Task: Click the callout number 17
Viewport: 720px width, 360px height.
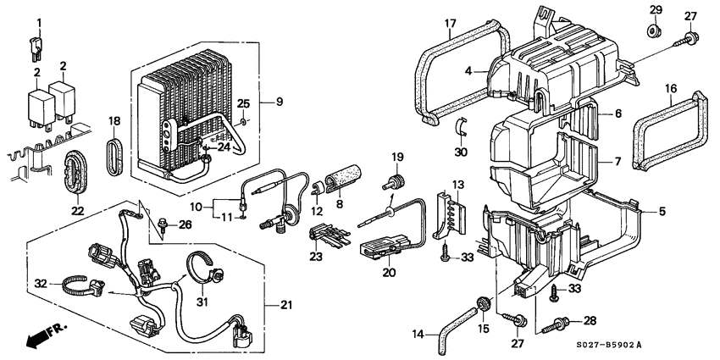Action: coord(450,22)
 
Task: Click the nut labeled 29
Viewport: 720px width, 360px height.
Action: coord(656,32)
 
